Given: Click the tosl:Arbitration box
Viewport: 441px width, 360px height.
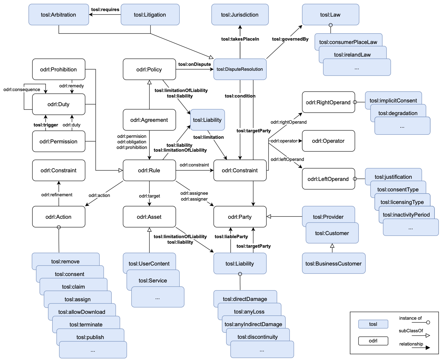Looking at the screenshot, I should point(59,15).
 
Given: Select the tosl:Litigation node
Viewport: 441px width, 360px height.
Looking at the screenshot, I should point(150,15).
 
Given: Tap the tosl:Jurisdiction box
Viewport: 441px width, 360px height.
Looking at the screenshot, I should point(240,15).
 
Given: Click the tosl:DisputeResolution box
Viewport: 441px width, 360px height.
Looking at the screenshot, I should point(240,69).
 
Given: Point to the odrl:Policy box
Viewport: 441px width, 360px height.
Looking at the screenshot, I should point(149,70).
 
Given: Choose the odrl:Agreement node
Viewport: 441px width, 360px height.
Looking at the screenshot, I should point(149,120).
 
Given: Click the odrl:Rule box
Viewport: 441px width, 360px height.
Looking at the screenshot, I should point(149,170).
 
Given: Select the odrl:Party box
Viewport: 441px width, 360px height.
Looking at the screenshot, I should point(240,217).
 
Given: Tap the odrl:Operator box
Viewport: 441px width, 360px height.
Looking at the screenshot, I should point(328,141).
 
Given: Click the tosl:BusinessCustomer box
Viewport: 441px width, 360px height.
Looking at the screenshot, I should point(334,264).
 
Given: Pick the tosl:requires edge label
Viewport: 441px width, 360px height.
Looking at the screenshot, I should point(105,10).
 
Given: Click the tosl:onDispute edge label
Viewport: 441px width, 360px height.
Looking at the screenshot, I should point(194,64).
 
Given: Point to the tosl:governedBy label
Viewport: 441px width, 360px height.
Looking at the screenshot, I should point(290,39).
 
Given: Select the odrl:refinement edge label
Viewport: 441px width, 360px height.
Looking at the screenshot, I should point(57,195).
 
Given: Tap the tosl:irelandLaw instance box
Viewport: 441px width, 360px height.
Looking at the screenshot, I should point(352,54).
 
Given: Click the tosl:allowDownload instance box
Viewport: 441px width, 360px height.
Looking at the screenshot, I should point(82,312).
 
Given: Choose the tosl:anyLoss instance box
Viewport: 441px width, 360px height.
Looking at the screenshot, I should point(249,311).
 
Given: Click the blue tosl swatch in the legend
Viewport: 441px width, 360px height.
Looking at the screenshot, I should point(373,324).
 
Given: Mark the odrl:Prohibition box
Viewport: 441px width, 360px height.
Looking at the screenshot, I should point(59,70).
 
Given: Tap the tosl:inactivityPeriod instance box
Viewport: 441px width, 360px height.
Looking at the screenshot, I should point(406,214).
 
